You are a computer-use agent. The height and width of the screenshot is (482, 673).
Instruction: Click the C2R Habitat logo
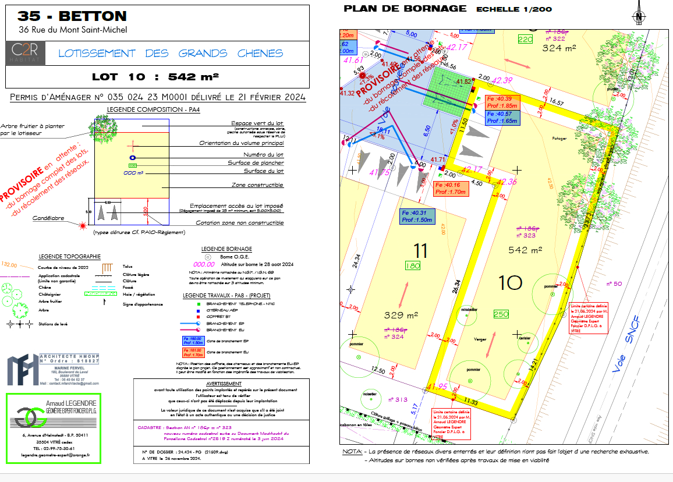pyautogui.click(x=24, y=53)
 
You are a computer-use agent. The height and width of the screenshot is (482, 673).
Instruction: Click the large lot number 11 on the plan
pyautogui.click(x=420, y=250)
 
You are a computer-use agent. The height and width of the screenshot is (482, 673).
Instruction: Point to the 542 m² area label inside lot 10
pyautogui.click(x=525, y=250)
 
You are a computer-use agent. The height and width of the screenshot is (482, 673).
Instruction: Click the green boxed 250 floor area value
pyautogui.click(x=501, y=314)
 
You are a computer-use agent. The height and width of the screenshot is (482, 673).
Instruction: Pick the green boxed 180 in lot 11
pyautogui.click(x=412, y=266)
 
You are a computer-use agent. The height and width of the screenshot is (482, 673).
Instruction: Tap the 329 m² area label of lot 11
pyautogui.click(x=401, y=316)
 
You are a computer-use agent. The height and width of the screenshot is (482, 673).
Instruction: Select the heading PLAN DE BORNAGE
pyautogui.click(x=405, y=8)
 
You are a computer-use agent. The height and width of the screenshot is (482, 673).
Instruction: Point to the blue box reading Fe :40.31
pyautogui.click(x=416, y=217)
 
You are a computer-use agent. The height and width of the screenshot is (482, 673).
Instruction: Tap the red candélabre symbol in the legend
pyautogui.click(x=84, y=225)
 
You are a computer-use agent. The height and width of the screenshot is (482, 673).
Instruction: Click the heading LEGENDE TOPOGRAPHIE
pyautogui.click(x=69, y=256)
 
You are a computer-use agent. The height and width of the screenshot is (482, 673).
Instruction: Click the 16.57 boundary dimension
pyautogui.click(x=557, y=102)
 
